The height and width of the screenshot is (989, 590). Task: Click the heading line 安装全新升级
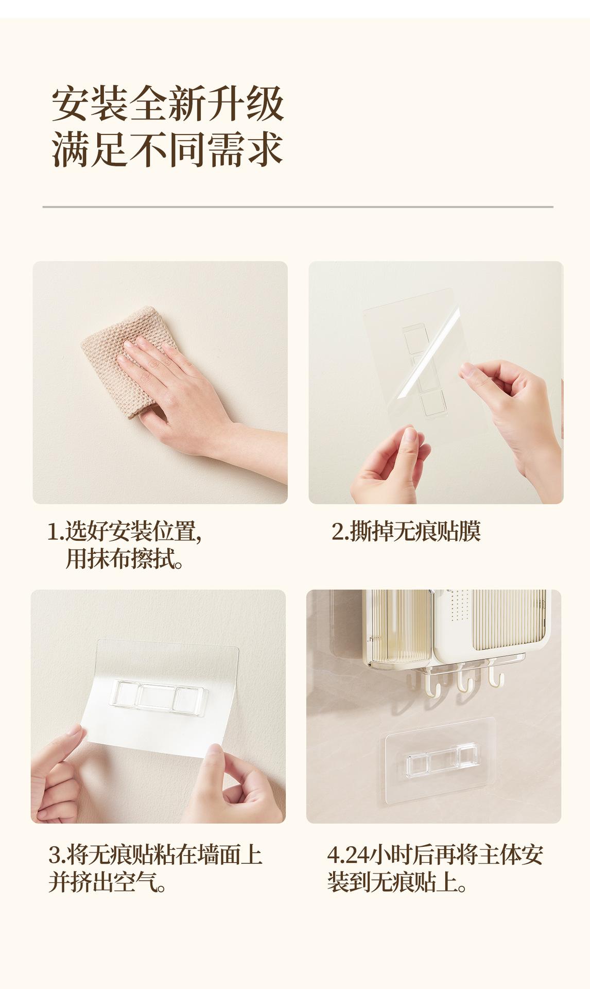(168, 105)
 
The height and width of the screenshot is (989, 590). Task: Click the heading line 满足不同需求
(168, 150)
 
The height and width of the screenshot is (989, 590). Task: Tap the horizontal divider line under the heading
(298, 207)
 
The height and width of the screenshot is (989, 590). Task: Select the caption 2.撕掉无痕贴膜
(406, 532)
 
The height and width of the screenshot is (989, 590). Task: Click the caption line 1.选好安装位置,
(124, 532)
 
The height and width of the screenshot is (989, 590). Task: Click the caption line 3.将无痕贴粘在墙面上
(155, 856)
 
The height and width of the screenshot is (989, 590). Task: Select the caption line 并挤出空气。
(108, 882)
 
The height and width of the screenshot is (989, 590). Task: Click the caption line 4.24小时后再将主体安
(436, 856)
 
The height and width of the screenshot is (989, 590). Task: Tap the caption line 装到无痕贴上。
(397, 882)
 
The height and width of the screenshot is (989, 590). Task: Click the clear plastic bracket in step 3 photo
(159, 698)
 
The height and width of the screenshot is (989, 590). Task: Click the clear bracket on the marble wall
(441, 760)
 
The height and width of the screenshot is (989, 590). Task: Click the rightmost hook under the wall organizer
(496, 672)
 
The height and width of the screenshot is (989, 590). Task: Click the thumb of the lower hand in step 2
(411, 453)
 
